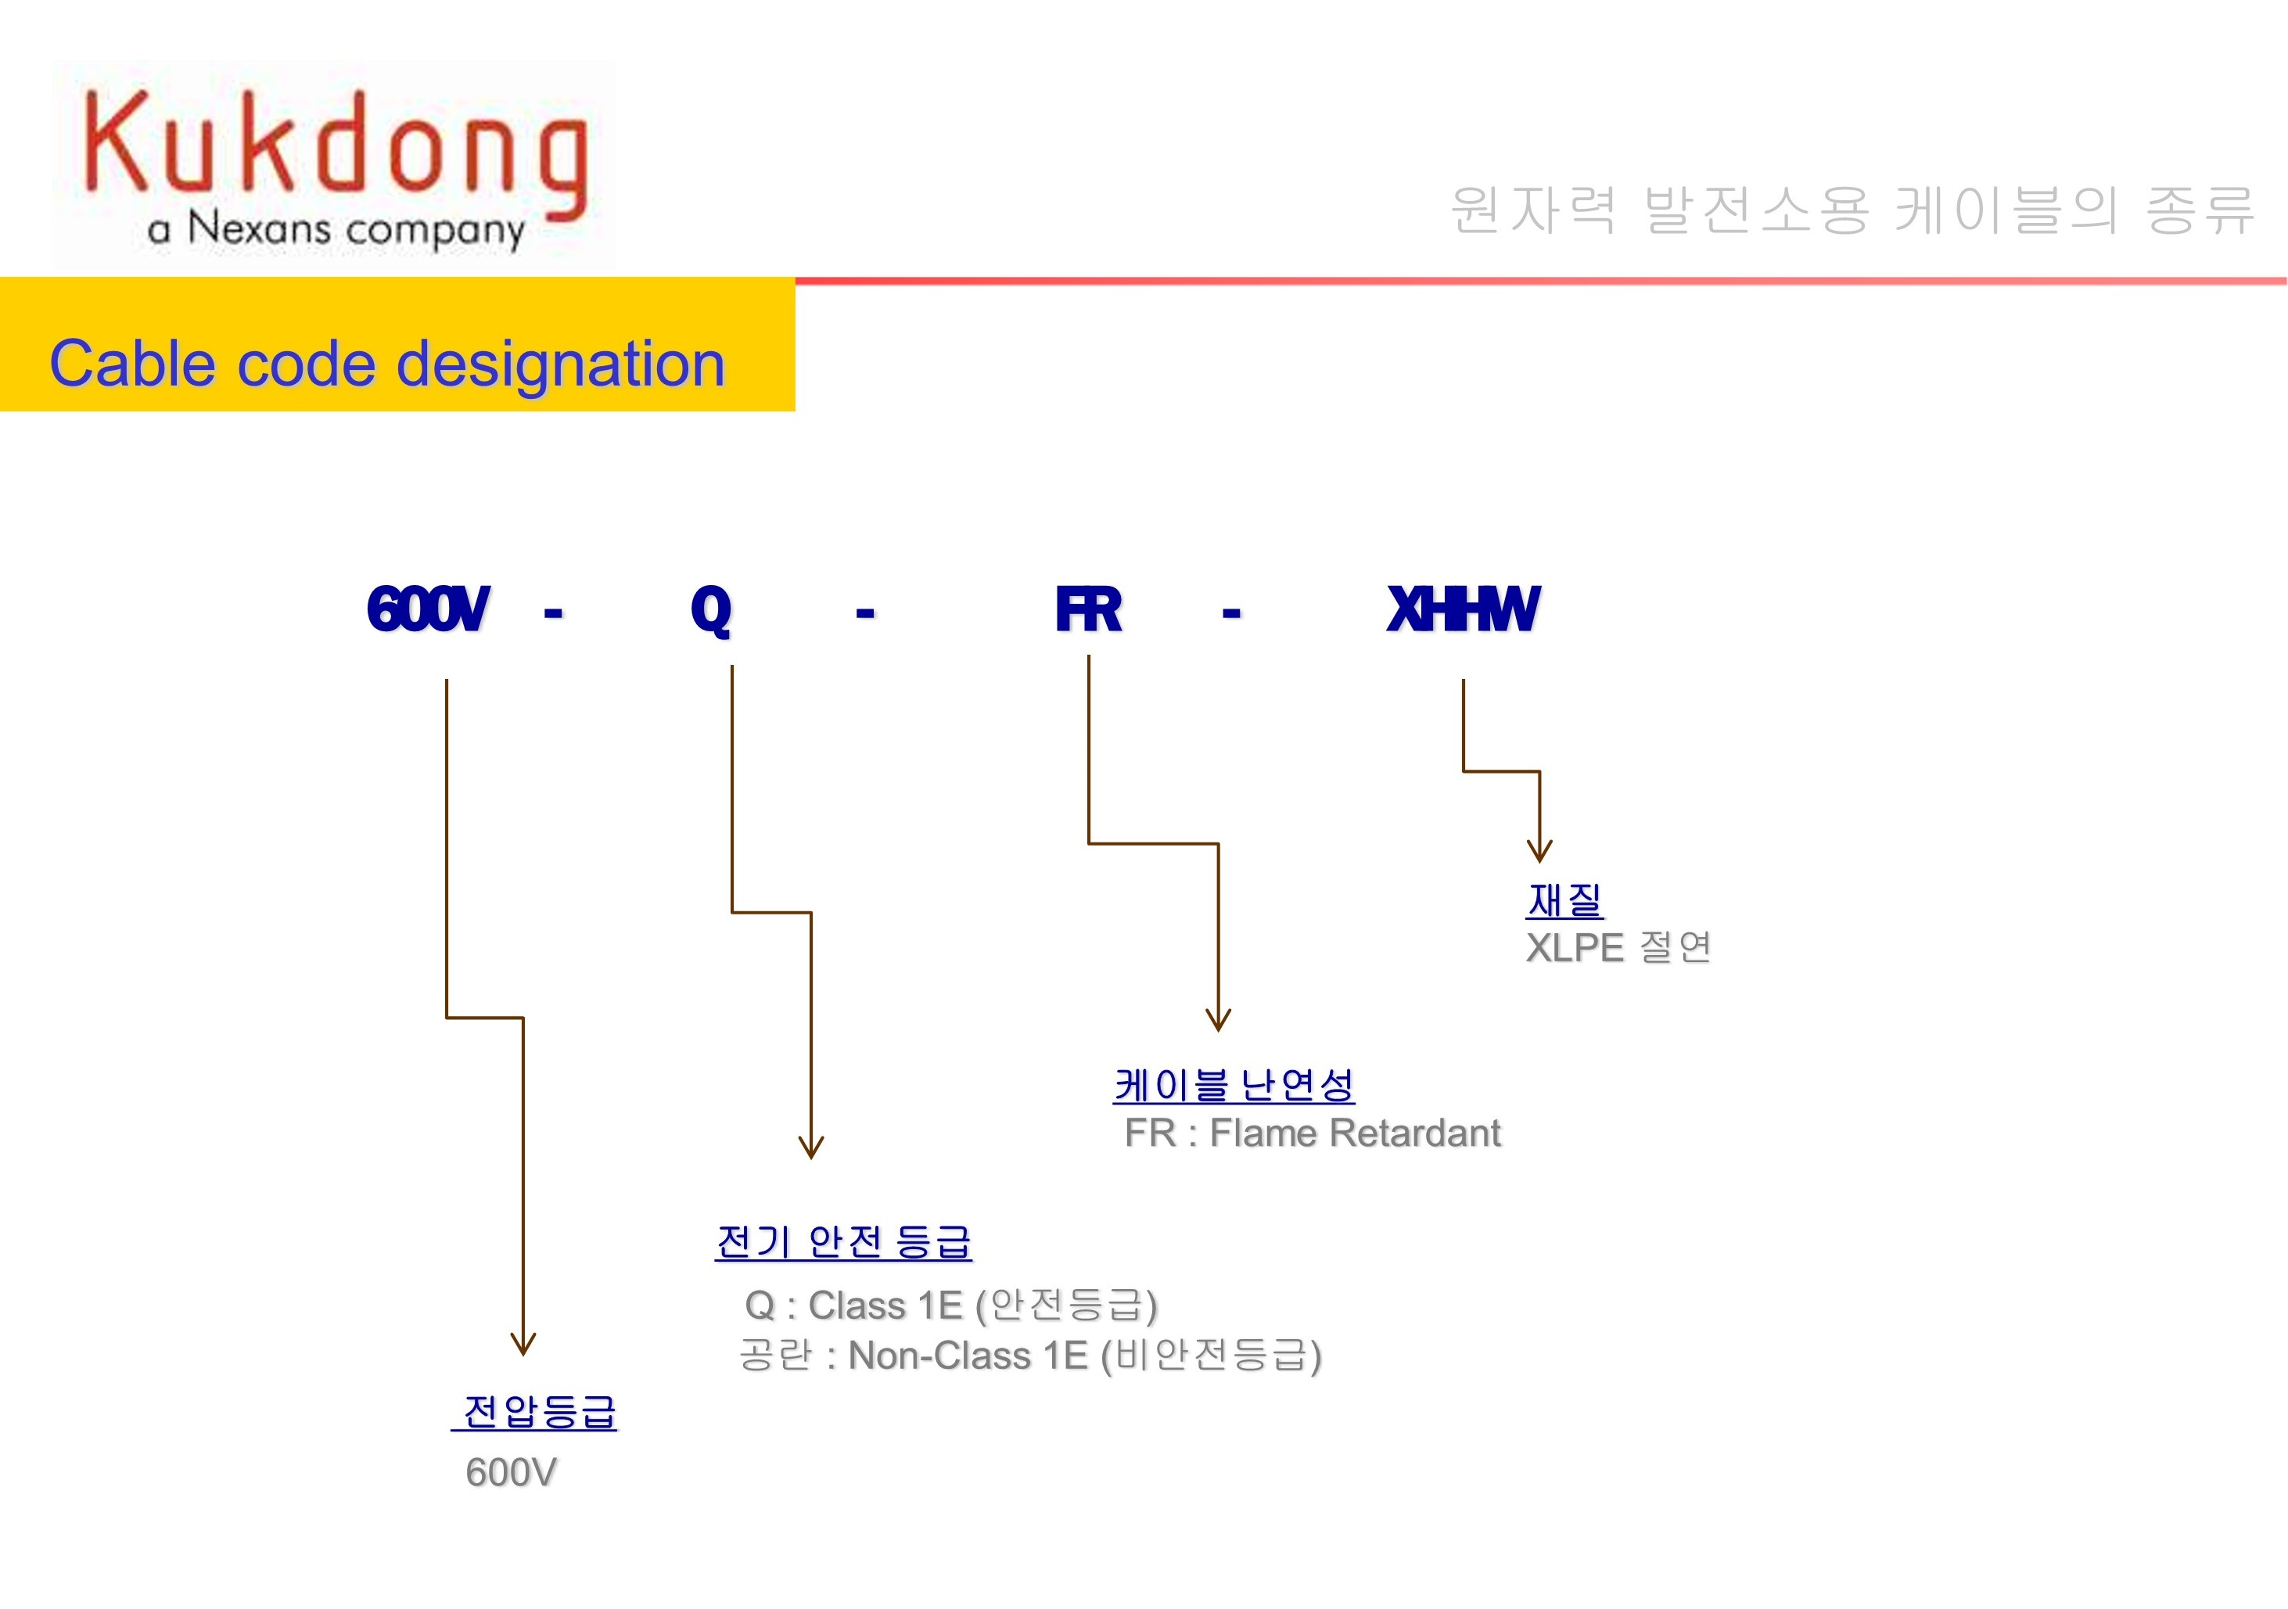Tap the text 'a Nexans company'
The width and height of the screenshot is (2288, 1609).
click(336, 229)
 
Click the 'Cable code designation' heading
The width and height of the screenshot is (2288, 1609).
click(386, 364)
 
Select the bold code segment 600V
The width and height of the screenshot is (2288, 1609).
click(428, 609)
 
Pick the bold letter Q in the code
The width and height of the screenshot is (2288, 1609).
click(710, 609)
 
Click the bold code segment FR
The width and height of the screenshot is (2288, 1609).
click(1088, 609)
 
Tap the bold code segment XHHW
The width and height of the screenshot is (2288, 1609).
click(1463, 609)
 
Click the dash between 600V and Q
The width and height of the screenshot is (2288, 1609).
click(553, 612)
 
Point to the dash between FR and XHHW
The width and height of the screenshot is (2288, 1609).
click(1232, 612)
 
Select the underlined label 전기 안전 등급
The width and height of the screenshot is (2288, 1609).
click(843, 1241)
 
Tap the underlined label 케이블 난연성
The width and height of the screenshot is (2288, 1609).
click(1234, 1085)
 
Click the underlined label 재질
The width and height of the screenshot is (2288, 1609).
click(1564, 900)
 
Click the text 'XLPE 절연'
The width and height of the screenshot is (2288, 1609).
click(1618, 947)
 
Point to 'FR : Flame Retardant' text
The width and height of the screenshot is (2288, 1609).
click(1312, 1133)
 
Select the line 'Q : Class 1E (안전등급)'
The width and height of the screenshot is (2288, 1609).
click(950, 1306)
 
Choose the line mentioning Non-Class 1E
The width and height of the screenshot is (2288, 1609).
click(1030, 1356)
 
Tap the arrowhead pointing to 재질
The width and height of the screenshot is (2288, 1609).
click(1539, 852)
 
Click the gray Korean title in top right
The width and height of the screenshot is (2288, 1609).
click(1852, 210)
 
